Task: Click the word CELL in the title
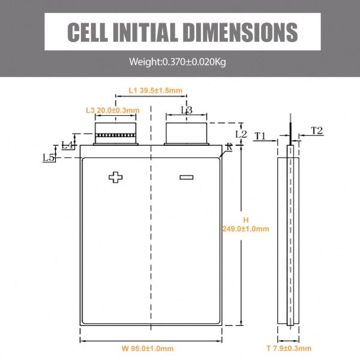88,32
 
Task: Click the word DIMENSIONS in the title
241,32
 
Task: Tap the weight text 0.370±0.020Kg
194,62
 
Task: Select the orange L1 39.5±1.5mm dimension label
155,91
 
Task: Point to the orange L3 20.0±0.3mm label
113,110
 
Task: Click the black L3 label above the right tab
187,110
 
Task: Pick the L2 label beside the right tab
241,134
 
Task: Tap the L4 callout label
67,145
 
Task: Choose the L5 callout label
49,157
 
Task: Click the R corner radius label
229,147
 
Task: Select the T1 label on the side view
260,136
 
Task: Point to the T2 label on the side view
317,131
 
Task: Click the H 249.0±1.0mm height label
245,224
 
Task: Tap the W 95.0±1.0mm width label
148,349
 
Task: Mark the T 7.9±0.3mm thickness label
289,348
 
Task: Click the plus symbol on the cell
115,177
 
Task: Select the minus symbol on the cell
187,177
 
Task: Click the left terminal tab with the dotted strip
115,134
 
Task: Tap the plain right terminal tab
187,134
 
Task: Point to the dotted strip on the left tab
115,135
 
